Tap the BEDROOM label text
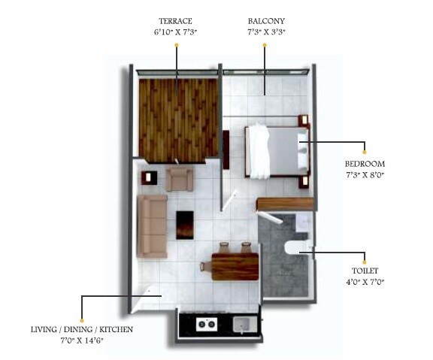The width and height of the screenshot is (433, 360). coord(365,164)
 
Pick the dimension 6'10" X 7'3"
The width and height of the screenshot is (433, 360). coord(175,33)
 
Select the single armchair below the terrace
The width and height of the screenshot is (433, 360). coord(180,179)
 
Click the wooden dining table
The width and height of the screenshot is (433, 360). coord(235,267)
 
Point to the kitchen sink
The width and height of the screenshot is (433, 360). coord(242,325)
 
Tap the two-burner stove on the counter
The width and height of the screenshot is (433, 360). coord(206,325)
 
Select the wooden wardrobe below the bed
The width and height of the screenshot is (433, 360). coord(284,204)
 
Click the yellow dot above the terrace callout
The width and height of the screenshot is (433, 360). coord(176,46)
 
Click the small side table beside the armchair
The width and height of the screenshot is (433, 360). coord(148,178)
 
